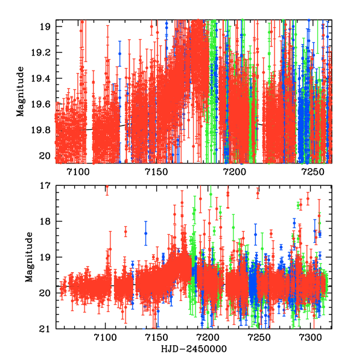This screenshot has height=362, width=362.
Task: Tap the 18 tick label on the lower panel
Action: click(x=45, y=221)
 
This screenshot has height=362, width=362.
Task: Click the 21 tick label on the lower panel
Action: click(x=45, y=329)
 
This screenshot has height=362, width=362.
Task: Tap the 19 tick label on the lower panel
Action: click(x=45, y=258)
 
